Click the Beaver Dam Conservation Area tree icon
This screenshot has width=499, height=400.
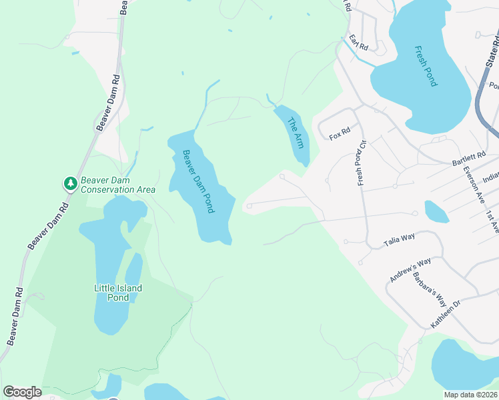[x=70, y=183]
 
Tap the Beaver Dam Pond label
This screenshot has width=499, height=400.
[x=199, y=181]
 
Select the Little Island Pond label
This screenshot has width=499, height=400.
[x=118, y=293]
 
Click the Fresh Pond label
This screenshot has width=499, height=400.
[x=426, y=66]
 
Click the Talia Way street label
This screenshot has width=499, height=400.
[x=400, y=239]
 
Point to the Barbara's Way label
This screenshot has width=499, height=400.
[x=424, y=287]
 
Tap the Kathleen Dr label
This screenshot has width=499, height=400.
[x=446, y=313]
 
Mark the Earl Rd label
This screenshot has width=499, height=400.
[x=358, y=43]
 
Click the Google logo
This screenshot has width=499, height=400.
[x=22, y=392]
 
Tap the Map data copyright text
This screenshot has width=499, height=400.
[x=470, y=395]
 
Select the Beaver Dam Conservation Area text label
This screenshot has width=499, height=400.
[x=118, y=185]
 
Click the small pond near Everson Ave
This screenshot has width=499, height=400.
[x=436, y=212]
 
